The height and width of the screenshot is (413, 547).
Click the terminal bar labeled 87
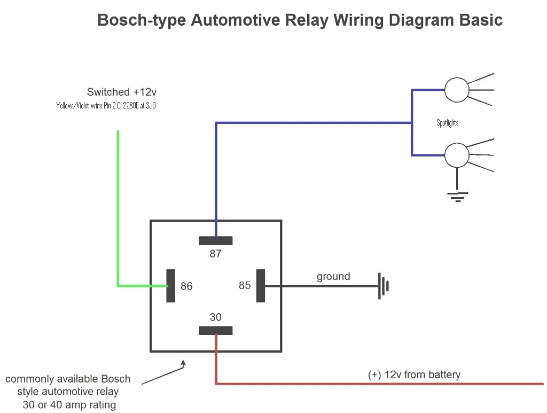coord(215,240)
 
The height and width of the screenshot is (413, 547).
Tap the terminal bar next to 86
coord(171,286)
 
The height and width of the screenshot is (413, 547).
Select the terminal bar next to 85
coord(261,286)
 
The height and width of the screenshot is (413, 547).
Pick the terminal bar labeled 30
coord(215,331)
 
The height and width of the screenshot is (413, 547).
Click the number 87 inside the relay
coord(215,254)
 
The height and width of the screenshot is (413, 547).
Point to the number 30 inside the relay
coord(215,317)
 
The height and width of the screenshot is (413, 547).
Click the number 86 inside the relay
coord(186,286)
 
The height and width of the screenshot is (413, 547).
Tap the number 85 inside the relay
coord(245,286)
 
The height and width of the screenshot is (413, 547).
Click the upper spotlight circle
coord(457,90)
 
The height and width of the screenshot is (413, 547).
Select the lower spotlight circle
coord(457,155)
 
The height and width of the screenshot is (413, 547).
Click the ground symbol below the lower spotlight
coord(457,196)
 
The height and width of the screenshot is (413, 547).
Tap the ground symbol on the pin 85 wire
coord(384,286)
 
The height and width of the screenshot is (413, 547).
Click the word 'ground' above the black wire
coord(333,276)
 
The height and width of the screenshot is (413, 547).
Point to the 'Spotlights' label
coord(447,123)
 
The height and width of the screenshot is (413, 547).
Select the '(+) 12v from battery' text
coord(414,375)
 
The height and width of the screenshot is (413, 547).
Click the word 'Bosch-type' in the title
coord(142,20)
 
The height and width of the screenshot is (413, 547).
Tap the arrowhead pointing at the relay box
coord(183,363)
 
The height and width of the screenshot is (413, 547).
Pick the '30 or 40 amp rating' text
coord(69,405)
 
